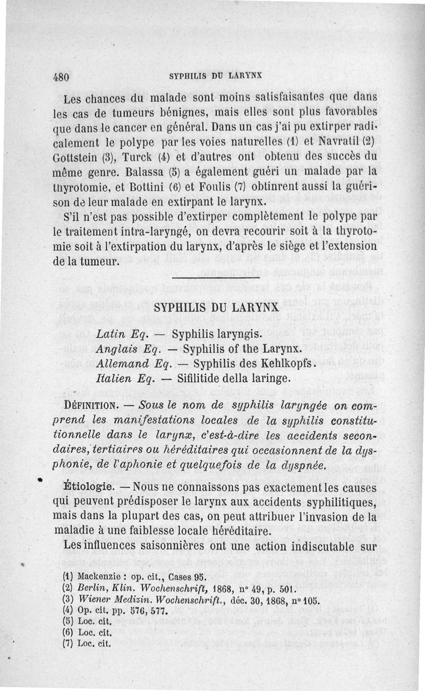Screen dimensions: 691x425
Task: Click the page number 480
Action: click(62, 76)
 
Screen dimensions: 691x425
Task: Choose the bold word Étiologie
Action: click(88, 487)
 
